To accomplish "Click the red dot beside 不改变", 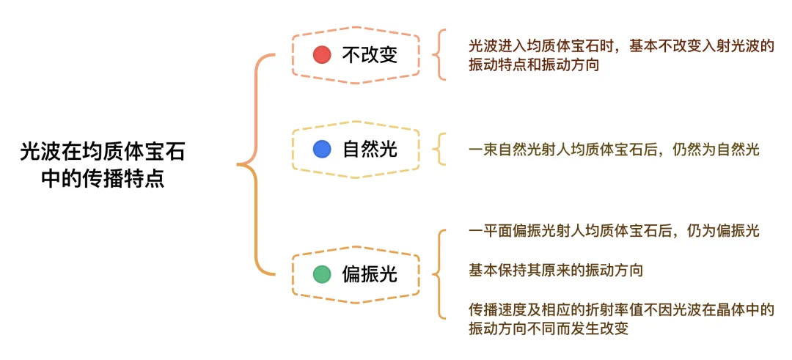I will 322,55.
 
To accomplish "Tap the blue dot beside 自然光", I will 322,150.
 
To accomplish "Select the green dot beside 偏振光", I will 322,275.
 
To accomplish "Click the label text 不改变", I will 370,55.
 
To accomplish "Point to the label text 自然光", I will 370,150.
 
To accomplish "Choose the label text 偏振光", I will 370,275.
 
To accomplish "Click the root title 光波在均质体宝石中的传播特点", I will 102,165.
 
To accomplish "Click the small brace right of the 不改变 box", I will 439,55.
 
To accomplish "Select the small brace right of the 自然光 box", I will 439,150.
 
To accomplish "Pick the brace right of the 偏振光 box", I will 439,275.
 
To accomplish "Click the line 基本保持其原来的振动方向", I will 556,271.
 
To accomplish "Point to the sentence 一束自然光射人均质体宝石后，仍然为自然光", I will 615,150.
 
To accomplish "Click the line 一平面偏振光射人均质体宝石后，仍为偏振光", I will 615,231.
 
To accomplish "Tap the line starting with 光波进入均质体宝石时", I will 622,45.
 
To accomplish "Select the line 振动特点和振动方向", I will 535,65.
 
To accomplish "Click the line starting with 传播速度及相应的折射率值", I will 622,310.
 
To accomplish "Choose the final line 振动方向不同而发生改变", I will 549,329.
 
